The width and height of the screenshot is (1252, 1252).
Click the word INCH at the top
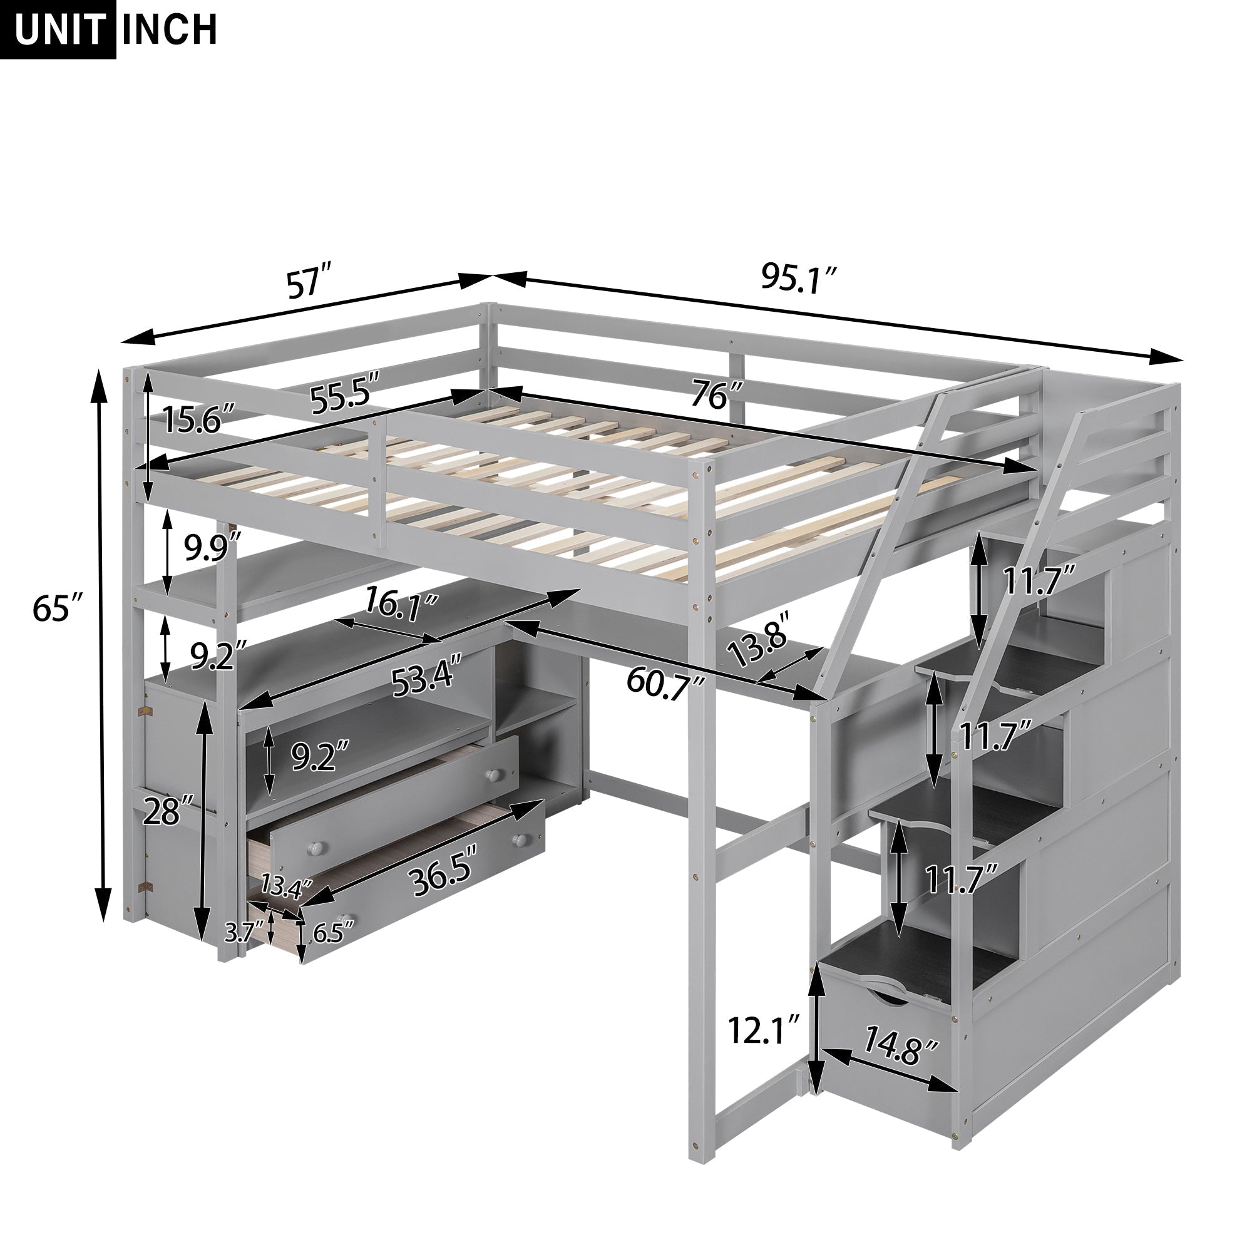tap(169, 29)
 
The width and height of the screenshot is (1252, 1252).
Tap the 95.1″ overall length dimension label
tap(799, 279)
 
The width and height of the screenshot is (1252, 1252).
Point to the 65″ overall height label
tap(58, 608)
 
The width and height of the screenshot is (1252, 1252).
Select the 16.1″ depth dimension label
tap(401, 605)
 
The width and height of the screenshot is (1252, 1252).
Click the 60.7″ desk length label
tap(665, 681)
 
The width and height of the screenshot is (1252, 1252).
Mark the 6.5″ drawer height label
tap(334, 933)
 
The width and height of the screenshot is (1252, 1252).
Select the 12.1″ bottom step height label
tap(764, 1030)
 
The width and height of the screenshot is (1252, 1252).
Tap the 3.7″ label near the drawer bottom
tap(242, 933)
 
